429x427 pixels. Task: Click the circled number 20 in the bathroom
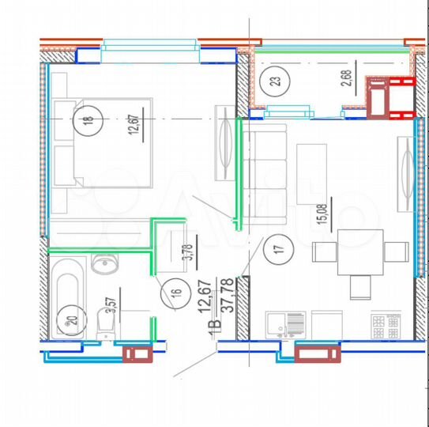[x=73, y=321]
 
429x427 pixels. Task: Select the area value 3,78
[x=187, y=251]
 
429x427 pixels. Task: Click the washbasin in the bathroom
[x=104, y=263]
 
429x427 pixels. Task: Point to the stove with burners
[x=388, y=324]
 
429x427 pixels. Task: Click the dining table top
[x=359, y=252]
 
